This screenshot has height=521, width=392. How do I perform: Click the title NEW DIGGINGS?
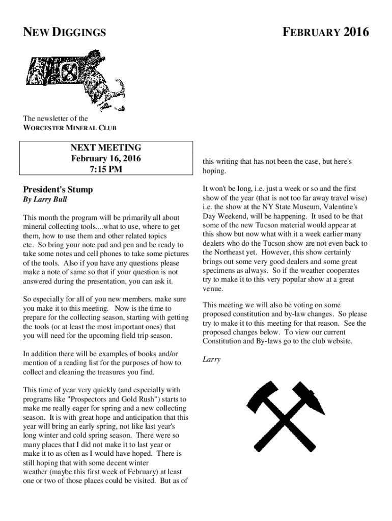(x=65, y=33)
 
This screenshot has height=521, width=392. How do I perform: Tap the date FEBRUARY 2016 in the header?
(x=326, y=33)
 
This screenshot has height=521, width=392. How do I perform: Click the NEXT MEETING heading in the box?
(x=105, y=148)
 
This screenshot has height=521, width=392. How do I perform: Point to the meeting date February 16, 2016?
(x=105, y=158)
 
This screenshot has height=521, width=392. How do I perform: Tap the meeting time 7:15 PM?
(x=105, y=169)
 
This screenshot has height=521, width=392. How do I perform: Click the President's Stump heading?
(x=58, y=190)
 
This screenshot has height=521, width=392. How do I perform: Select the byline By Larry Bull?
(x=45, y=200)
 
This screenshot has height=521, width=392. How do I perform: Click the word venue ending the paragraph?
(x=212, y=288)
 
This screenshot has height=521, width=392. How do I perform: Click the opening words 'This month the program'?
(x=56, y=217)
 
